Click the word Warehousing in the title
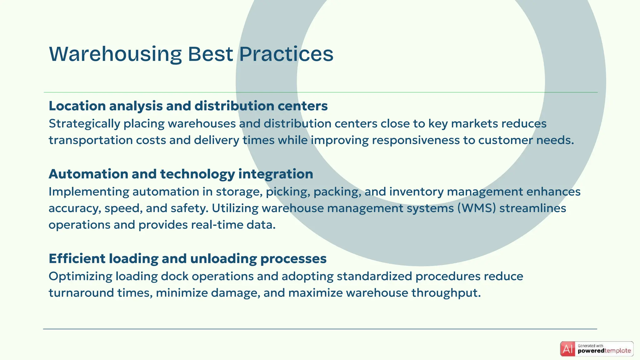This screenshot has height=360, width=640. coord(115,54)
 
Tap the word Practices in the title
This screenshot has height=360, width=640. coord(286,54)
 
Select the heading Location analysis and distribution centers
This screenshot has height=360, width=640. coord(188,106)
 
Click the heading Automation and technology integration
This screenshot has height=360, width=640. coord(181,174)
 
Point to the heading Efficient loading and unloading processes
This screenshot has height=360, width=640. coord(187,259)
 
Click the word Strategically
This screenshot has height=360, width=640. coord(84,124)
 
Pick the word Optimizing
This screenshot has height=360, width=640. coord(80,276)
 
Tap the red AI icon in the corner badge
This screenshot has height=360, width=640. coord(567,349)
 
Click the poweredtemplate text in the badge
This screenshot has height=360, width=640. coord(604,351)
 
